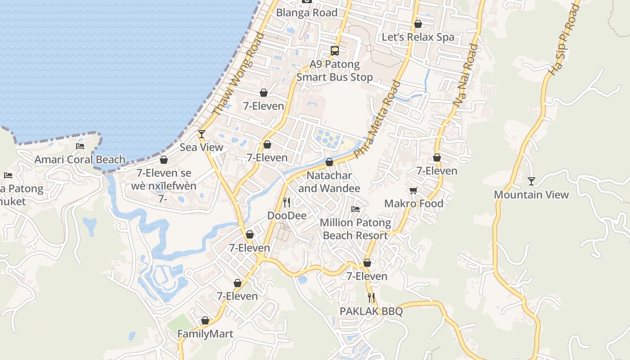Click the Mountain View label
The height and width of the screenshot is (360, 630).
(x=531, y=195)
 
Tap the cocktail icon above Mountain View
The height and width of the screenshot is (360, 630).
(x=531, y=181)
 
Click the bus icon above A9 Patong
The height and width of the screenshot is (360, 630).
(x=335, y=51)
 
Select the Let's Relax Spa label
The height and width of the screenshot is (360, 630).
(x=418, y=37)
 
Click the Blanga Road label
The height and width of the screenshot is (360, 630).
(x=306, y=13)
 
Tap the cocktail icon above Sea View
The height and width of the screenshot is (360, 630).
(x=202, y=134)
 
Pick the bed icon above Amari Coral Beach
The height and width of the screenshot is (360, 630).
(x=80, y=146)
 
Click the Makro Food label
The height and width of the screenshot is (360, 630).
(x=414, y=203)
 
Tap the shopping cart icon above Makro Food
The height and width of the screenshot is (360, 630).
(x=414, y=190)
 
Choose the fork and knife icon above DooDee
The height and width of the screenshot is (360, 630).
(x=287, y=202)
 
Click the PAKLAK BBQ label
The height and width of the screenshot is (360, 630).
(x=371, y=311)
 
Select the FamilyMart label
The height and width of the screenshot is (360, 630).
(x=205, y=334)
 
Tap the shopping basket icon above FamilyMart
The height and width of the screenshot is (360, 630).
(x=205, y=320)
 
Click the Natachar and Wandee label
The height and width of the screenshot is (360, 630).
(x=329, y=182)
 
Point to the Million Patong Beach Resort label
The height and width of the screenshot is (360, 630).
(x=355, y=229)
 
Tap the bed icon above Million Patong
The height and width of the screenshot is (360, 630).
(x=355, y=209)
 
